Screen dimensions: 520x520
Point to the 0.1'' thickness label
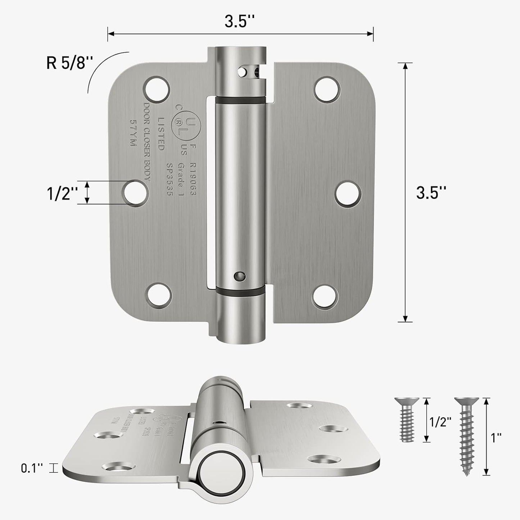(x=32, y=468)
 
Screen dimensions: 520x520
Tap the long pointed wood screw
(x=467, y=436)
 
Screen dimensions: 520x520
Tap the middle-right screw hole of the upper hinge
(x=348, y=193)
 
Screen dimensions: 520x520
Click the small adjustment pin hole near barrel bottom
(x=238, y=276)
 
